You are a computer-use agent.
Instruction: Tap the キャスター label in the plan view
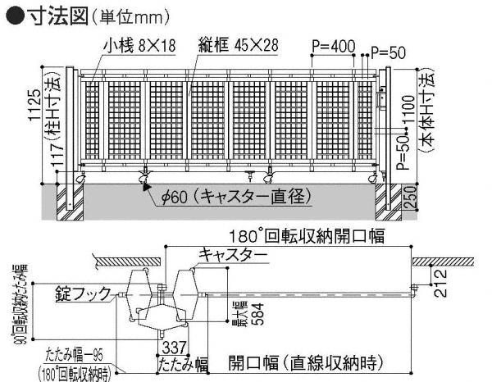(x=231, y=256)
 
